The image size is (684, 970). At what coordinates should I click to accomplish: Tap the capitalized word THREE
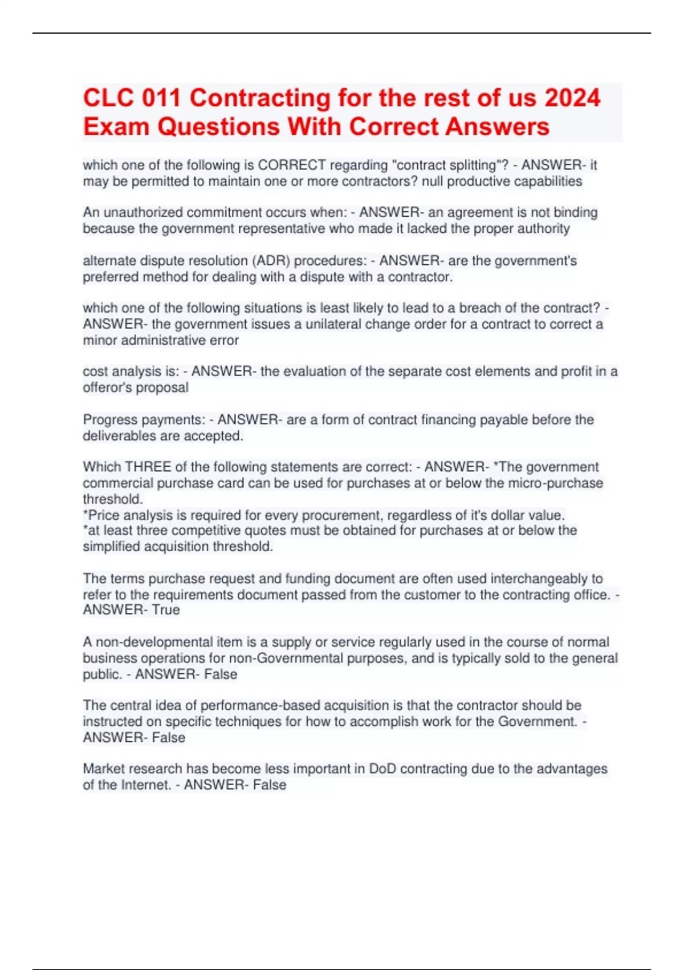coord(148,467)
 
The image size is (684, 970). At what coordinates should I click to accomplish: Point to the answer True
coord(166,610)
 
